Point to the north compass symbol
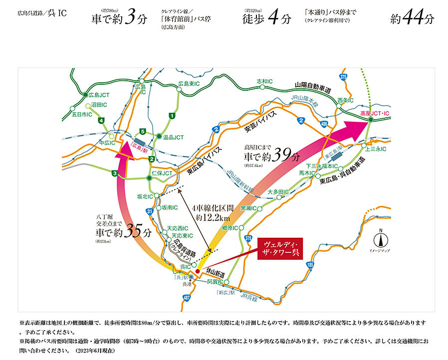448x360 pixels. point(381,238)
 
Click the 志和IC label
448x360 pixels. point(264,81)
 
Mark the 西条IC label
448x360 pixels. point(345,100)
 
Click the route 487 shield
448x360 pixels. point(187,297)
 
